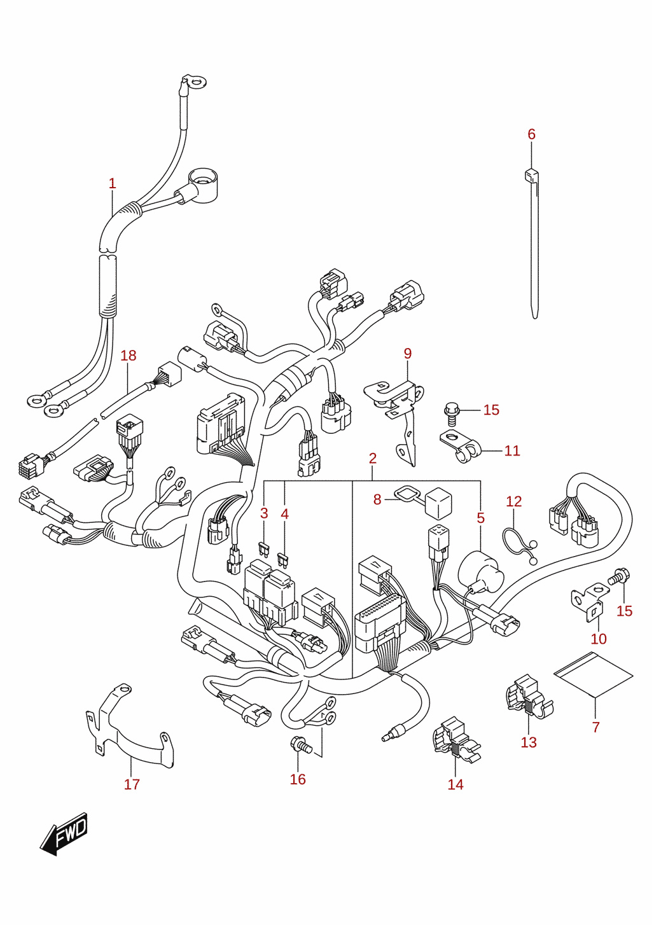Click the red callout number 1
[113, 183]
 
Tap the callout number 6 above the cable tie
[531, 134]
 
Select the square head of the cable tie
[531, 176]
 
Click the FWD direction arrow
[64, 833]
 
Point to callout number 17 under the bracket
[132, 784]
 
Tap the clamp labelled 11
[463, 447]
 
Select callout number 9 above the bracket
[408, 354]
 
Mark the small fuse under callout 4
[283, 560]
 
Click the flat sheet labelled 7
[593, 673]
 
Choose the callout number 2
[372, 458]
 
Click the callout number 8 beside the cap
[377, 499]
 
